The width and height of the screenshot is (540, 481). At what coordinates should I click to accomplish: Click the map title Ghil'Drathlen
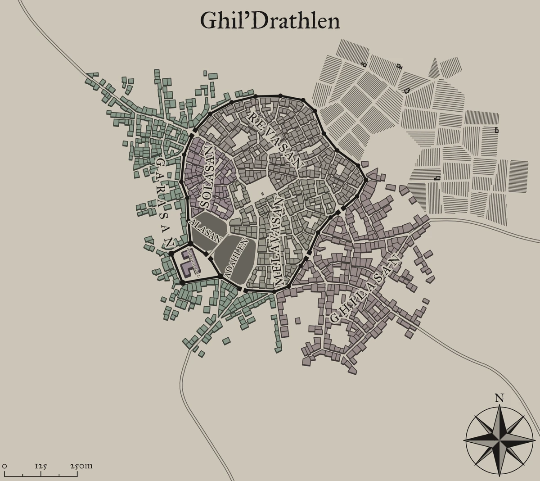point(270,20)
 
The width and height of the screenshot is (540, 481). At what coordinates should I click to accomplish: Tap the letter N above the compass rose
point(499,398)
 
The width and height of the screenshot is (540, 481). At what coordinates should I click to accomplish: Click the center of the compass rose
point(499,439)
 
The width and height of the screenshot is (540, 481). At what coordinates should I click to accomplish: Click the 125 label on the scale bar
point(41,466)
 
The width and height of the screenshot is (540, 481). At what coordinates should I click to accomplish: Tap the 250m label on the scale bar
point(81,466)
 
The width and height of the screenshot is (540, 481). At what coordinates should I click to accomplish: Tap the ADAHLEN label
point(236,258)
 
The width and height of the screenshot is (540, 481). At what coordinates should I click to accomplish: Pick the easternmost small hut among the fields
point(496,130)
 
